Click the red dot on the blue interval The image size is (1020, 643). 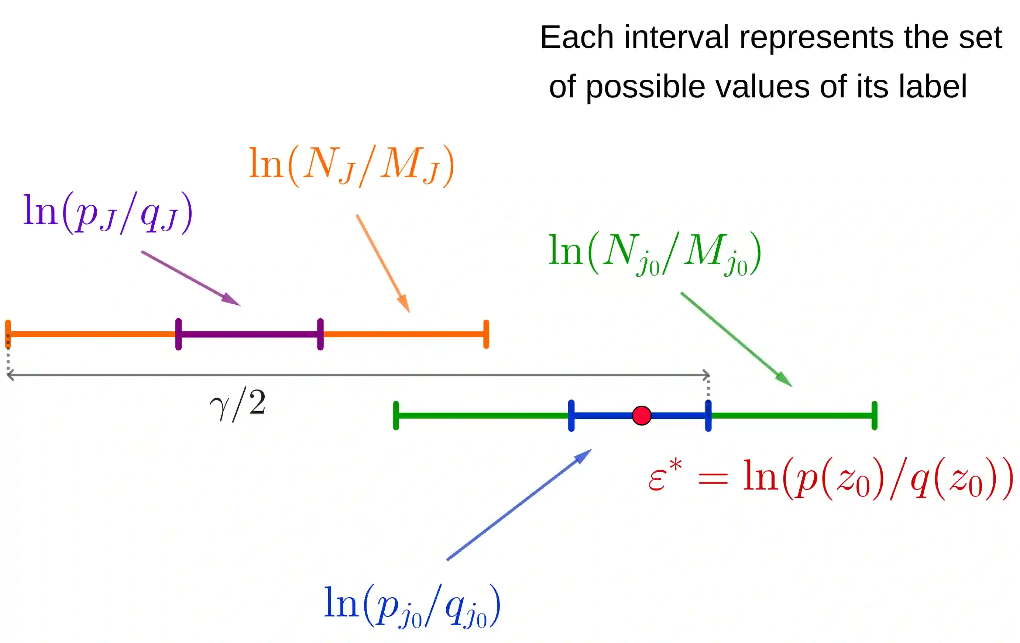point(641,415)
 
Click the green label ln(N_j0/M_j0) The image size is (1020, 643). point(655,253)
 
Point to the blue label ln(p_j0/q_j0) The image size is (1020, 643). point(412,606)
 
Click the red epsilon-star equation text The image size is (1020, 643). point(830,478)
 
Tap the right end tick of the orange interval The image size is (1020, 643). point(486,334)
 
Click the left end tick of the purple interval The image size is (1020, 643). point(178,334)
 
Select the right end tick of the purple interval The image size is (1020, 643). point(320,334)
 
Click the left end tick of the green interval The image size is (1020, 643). point(396,415)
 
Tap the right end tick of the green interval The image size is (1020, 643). point(874,415)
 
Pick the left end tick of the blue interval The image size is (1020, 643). point(571,415)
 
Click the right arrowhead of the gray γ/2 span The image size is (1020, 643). point(707,375)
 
